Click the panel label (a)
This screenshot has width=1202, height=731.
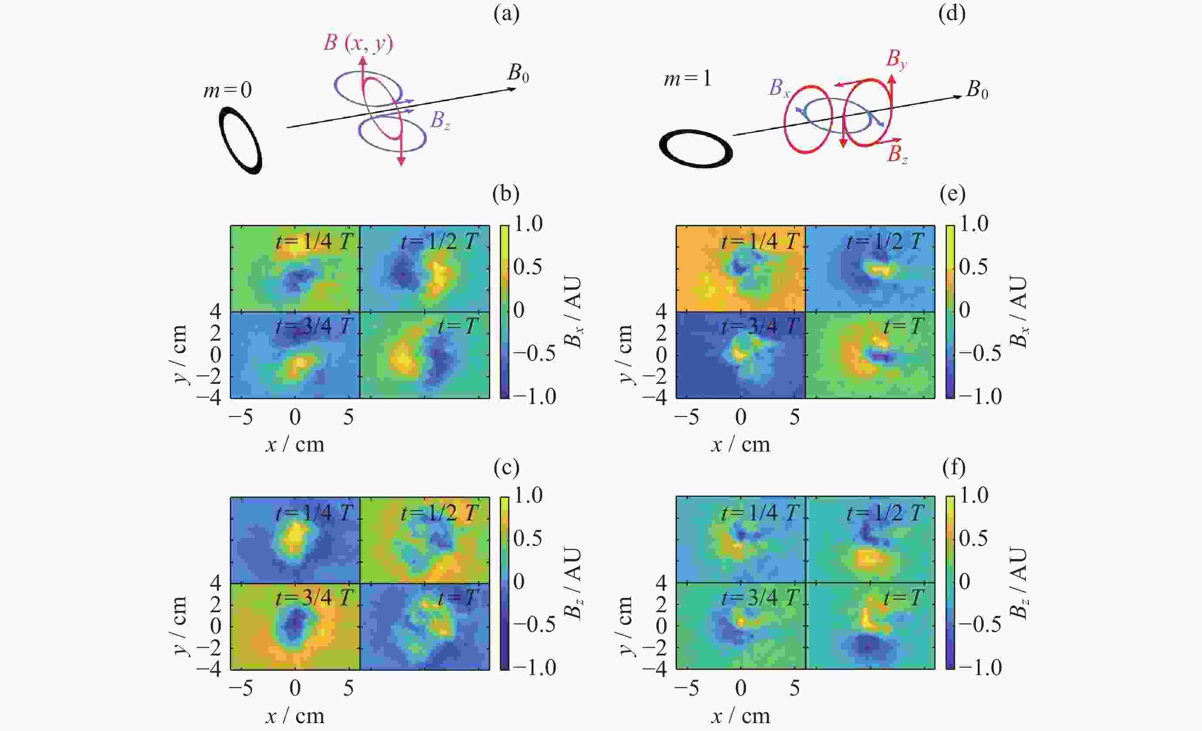(x=506, y=14)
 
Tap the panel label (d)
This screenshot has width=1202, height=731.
(x=952, y=14)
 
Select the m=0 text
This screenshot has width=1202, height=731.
(x=227, y=90)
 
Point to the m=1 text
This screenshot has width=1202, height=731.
(x=687, y=79)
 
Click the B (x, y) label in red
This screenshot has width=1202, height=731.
(x=358, y=44)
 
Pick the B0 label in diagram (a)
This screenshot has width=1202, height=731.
(x=518, y=73)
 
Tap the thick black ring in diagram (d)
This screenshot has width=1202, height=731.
(x=696, y=148)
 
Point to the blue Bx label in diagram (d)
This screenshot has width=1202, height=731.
(x=779, y=88)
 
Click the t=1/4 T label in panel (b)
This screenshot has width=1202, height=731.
(x=314, y=241)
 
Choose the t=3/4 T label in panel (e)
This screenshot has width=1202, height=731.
(x=760, y=326)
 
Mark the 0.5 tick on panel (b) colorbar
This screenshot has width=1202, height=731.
(x=528, y=267)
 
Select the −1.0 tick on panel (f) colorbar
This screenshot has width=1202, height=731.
(x=980, y=668)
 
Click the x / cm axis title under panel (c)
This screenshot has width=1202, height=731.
(x=295, y=716)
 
